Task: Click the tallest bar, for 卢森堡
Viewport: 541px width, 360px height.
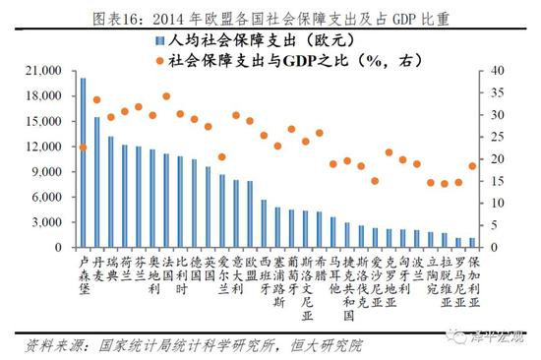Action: pyautogui.click(x=83, y=162)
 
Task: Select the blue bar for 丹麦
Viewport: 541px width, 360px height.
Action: pyautogui.click(x=96, y=182)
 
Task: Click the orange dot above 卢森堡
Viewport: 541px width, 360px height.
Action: pyautogui.click(x=83, y=148)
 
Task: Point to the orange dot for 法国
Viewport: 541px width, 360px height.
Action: pyautogui.click(x=166, y=97)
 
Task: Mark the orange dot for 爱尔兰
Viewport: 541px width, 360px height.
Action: pyautogui.click(x=221, y=157)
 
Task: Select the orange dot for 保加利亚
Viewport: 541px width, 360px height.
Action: pyautogui.click(x=472, y=166)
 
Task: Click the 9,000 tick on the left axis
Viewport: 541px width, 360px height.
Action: pyautogui.click(x=49, y=171)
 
